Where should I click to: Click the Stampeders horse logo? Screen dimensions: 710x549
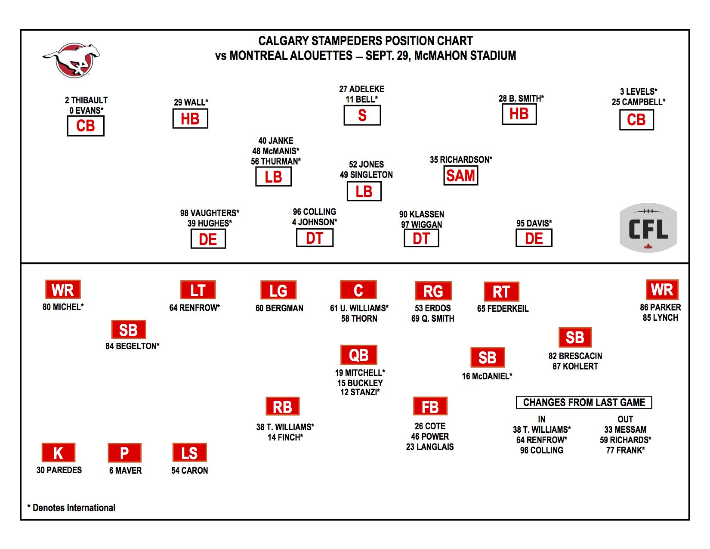pyautogui.click(x=72, y=60)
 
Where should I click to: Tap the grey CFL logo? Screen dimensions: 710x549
pyautogui.click(x=648, y=228)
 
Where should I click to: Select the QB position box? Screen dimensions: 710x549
pyautogui.click(x=359, y=355)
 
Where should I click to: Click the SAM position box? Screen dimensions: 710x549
pyautogui.click(x=461, y=176)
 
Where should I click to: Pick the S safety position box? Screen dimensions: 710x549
pyautogui.click(x=362, y=115)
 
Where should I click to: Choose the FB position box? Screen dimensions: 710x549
pyautogui.click(x=430, y=406)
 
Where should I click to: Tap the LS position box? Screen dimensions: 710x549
pyautogui.click(x=189, y=453)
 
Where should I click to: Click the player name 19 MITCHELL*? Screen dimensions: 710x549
pyautogui.click(x=360, y=372)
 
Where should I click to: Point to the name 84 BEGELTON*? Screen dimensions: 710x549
pyautogui.click(x=133, y=346)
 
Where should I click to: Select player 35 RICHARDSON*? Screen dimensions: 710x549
pyautogui.click(x=461, y=160)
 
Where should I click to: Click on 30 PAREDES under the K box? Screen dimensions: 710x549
pyautogui.click(x=59, y=470)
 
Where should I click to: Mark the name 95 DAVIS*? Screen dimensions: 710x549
pyautogui.click(x=534, y=223)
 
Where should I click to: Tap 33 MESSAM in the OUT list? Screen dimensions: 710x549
pyautogui.click(x=625, y=429)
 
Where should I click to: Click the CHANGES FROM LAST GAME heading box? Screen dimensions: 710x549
pyautogui.click(x=584, y=402)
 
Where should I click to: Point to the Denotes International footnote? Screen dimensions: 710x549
pyautogui.click(x=71, y=508)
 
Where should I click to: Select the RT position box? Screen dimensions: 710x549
pyautogui.click(x=501, y=292)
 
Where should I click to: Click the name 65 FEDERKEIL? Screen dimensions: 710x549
pyautogui.click(x=503, y=308)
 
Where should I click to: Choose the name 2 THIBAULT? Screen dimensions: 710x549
pyautogui.click(x=86, y=100)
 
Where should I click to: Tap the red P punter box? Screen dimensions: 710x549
pyautogui.click(x=124, y=453)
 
